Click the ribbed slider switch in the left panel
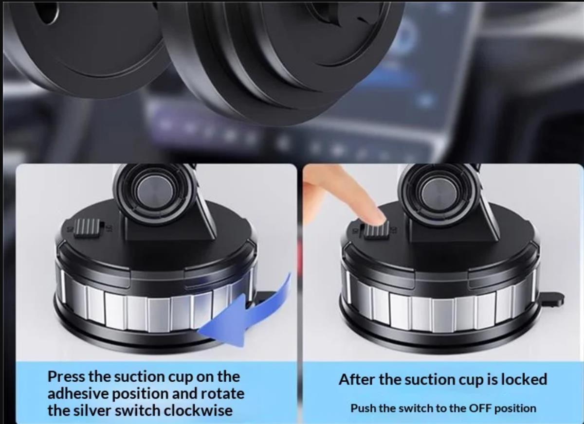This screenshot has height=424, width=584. (87, 229)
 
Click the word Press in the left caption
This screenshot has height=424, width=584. (66, 377)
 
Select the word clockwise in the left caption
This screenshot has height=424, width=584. (198, 410)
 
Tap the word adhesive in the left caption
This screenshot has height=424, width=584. (78, 393)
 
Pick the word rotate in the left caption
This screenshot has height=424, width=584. (222, 394)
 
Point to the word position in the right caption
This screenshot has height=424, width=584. (515, 408)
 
